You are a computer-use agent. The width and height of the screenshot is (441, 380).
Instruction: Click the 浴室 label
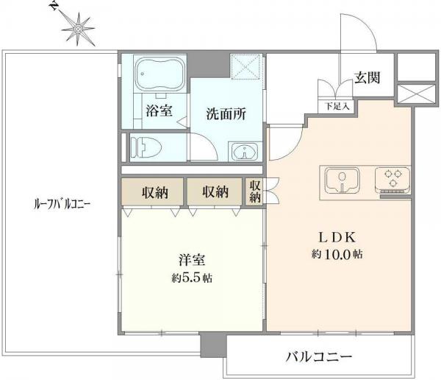click(x=159, y=113)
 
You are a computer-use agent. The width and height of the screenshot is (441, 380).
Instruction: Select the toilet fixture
click(x=145, y=146)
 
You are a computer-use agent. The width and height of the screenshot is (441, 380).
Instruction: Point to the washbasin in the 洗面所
click(x=244, y=152)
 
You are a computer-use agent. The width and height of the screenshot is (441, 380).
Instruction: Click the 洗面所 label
click(x=226, y=114)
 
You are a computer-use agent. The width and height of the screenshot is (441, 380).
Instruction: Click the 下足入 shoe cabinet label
click(x=337, y=105)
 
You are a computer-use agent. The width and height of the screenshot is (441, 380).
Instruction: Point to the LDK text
click(x=337, y=237)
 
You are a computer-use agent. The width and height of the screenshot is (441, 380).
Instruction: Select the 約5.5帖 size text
click(x=192, y=278)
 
